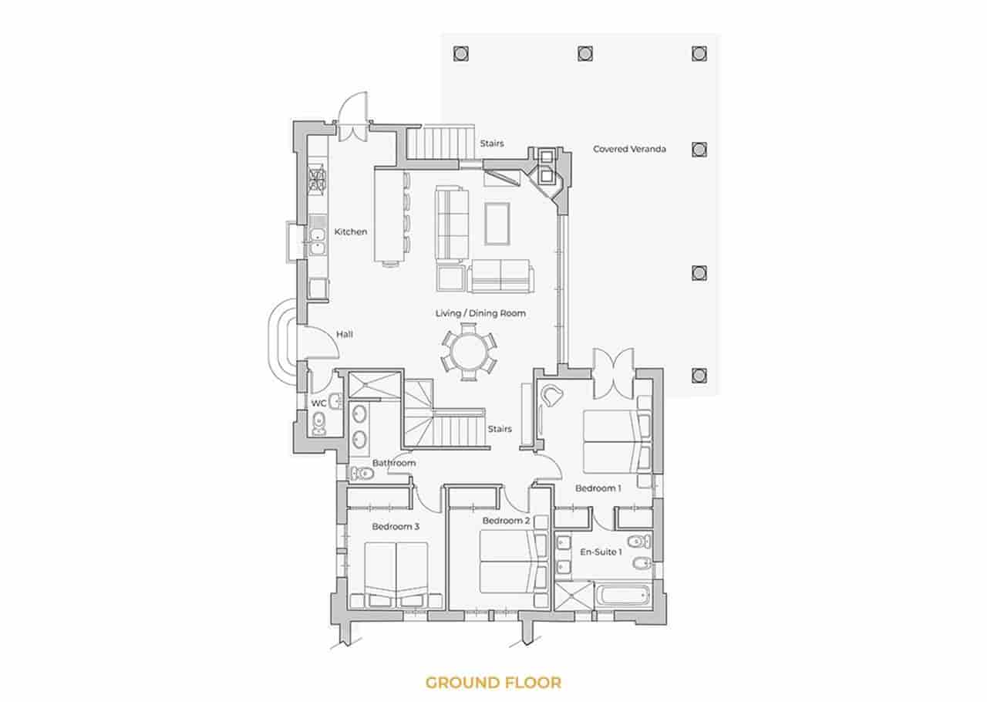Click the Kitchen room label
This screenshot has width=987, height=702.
click(350, 231)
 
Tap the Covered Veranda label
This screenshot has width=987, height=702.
click(629, 149)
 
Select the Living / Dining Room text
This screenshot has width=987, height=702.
click(480, 313)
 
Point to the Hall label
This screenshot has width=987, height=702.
click(345, 335)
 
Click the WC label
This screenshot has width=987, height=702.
click(318, 403)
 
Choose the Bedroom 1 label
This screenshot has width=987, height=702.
click(598, 488)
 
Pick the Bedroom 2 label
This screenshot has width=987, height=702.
click(506, 521)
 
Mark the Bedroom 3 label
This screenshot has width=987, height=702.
click(396, 528)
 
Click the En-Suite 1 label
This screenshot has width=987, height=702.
click(601, 552)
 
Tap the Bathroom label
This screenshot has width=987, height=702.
click(394, 463)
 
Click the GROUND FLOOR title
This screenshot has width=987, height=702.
click(493, 682)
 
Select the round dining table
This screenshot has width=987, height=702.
click(468, 353)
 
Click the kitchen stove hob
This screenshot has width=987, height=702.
click(316, 181)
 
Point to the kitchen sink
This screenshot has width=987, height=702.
click(316, 240)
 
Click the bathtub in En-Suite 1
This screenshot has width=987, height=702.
click(623, 595)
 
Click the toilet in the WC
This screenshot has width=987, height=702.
click(318, 421)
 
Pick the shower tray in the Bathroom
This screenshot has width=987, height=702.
click(372, 383)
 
